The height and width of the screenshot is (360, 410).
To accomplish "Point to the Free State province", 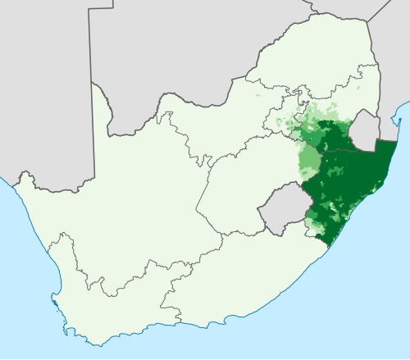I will [238, 180].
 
